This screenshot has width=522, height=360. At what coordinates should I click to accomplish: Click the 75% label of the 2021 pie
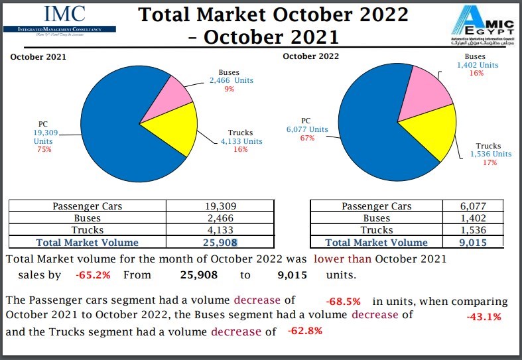pyautogui.click(x=44, y=150)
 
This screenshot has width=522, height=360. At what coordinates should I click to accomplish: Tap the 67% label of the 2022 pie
pyautogui.click(x=306, y=139)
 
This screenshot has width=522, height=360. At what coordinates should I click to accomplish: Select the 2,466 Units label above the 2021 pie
pyautogui.click(x=231, y=81)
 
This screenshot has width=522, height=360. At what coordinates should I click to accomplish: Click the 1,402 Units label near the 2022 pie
pyautogui.click(x=477, y=65)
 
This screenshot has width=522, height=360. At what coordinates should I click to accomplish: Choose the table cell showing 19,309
pyautogui.click(x=219, y=206)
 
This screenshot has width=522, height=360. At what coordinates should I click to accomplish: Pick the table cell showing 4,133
pyautogui.click(x=219, y=230)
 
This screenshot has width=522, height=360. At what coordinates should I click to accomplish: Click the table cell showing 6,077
pyautogui.click(x=472, y=206)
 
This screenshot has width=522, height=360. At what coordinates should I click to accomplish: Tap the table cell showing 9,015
pyautogui.click(x=472, y=243)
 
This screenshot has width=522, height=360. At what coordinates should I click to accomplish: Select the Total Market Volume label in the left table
pyautogui.click(x=88, y=243)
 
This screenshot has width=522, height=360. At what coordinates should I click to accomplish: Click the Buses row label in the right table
pyautogui.click(x=376, y=218)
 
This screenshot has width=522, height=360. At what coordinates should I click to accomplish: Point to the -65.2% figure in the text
pyautogui.click(x=92, y=274)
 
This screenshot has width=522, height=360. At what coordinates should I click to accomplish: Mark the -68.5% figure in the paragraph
pyautogui.click(x=343, y=301)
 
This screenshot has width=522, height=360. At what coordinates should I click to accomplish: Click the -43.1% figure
pyautogui.click(x=484, y=317)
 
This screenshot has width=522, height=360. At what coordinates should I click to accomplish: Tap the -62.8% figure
pyautogui.click(x=305, y=331)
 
